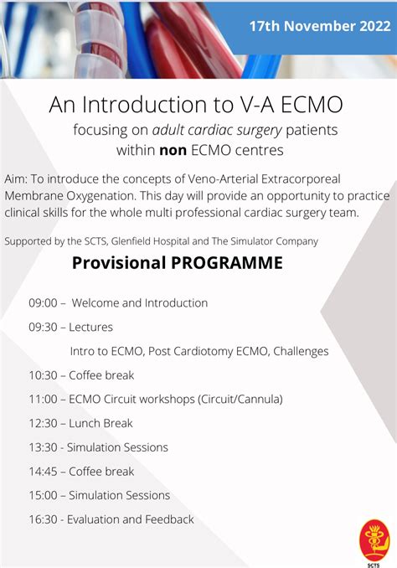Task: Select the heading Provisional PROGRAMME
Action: [178, 263]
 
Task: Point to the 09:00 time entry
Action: [44, 302]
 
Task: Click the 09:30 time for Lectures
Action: [44, 327]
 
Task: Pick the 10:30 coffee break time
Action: [44, 375]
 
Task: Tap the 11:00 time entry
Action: [44, 399]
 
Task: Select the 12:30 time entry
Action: [44, 423]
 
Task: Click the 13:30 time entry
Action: [44, 447]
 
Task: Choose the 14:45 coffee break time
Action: [44, 472]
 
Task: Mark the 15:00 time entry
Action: [44, 495]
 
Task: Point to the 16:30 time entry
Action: [44, 519]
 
